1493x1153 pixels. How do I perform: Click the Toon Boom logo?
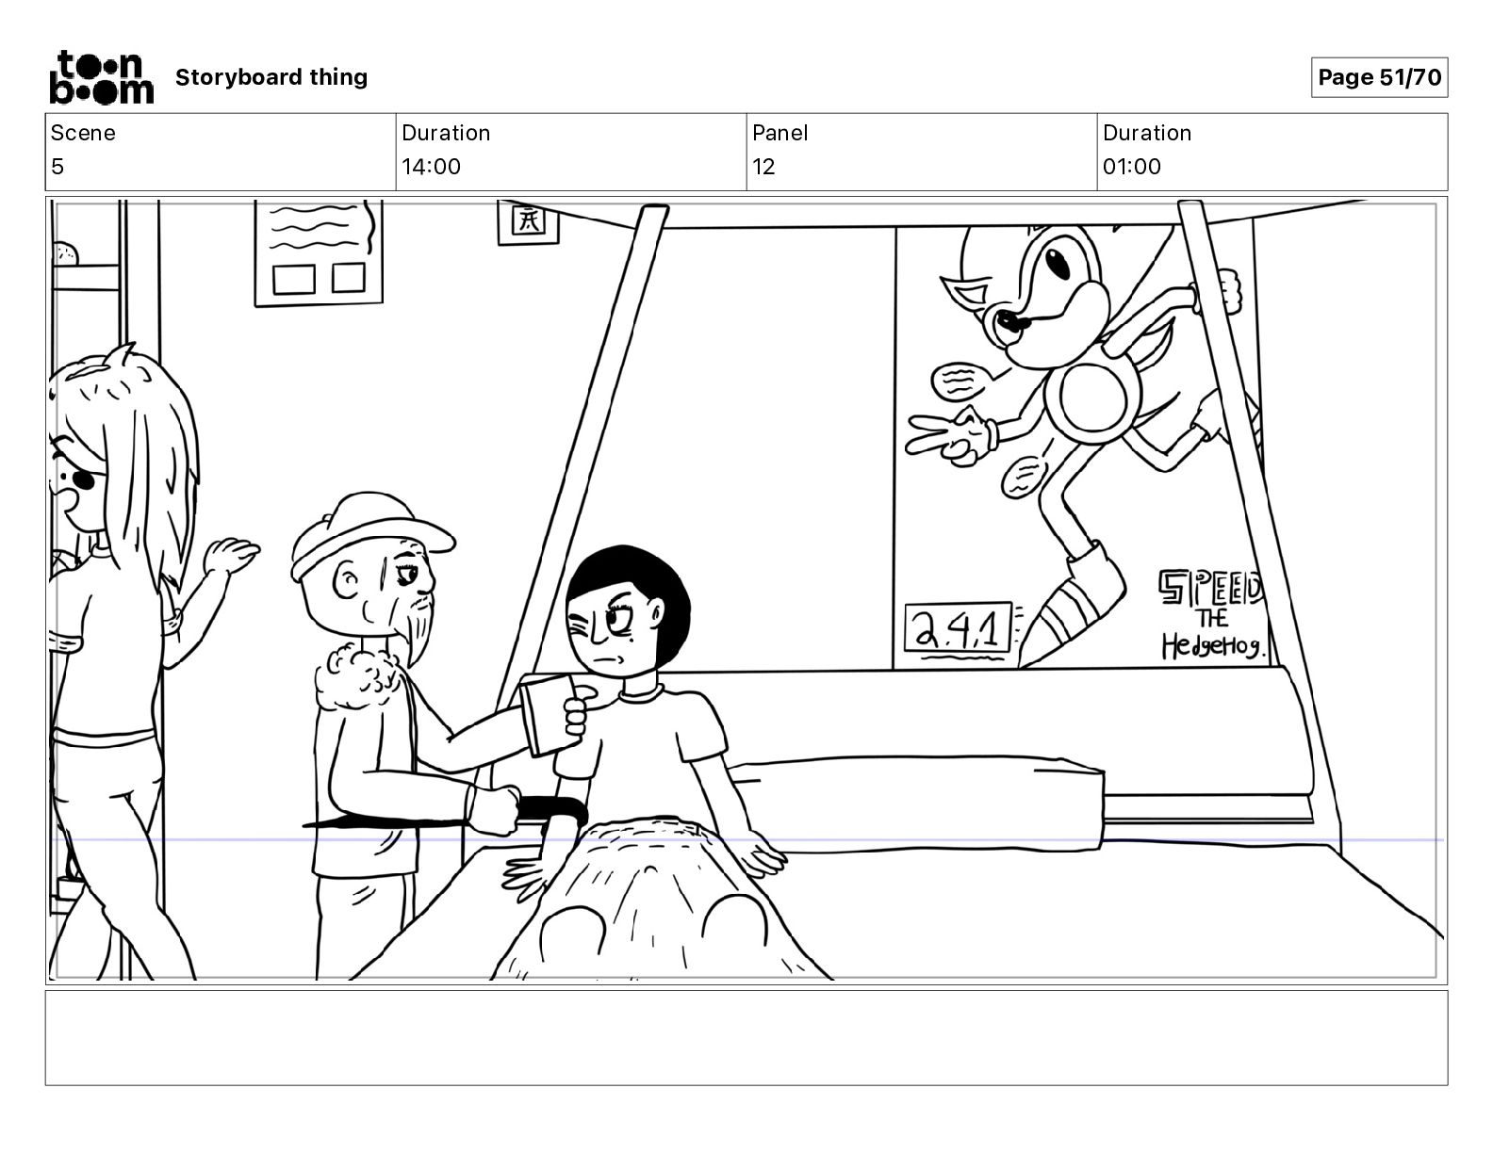point(100,76)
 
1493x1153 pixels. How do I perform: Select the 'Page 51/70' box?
point(1379,77)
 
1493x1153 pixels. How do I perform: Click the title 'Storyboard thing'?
point(271,77)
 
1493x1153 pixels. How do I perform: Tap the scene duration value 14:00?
point(431,167)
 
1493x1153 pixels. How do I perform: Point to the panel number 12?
point(763,167)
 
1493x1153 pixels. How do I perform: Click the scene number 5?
point(57,167)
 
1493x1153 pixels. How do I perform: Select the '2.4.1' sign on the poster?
point(958,628)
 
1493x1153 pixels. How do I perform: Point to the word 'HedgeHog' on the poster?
point(1213,646)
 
